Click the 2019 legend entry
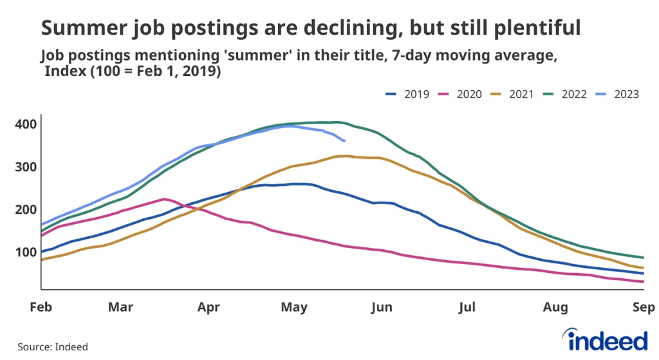407,95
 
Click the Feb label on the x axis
41,308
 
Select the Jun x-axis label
382,308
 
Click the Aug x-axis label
554,308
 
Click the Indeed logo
604,339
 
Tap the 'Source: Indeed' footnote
52,347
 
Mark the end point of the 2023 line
345,140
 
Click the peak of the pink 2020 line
164,199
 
